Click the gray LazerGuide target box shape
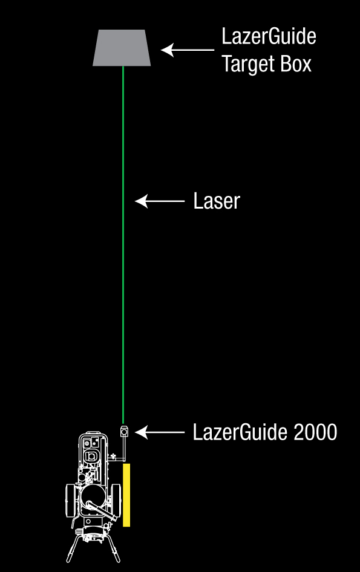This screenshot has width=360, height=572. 122,48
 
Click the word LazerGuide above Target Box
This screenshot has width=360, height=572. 269,36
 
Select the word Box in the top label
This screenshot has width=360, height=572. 296,64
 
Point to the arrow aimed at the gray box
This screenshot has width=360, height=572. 188,50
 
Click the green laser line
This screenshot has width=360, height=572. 123,245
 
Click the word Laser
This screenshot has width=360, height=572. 217,201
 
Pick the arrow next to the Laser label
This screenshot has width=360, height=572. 160,201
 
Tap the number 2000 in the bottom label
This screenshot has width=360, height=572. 315,432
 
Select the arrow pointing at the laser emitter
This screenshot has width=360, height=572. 160,432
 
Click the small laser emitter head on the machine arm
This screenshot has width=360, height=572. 124,431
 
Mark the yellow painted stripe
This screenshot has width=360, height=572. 126,495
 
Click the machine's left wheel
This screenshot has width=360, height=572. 70,500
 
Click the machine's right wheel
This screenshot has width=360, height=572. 116,501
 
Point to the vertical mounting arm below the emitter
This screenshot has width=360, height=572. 124,448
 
